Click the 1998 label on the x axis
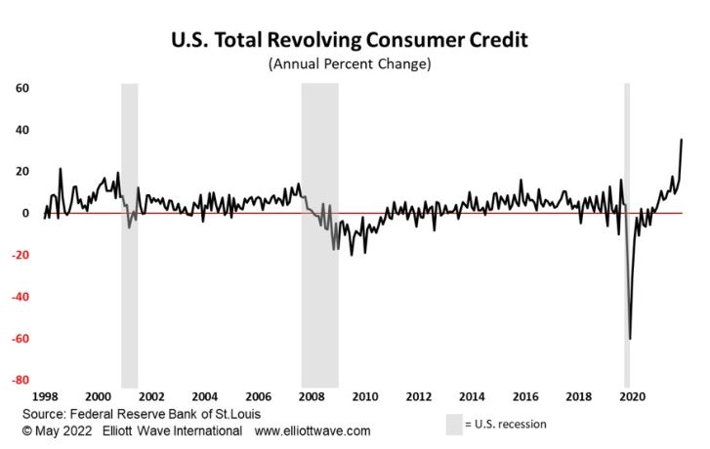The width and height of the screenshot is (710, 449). [x=44, y=397]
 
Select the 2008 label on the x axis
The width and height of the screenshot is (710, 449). [x=311, y=397]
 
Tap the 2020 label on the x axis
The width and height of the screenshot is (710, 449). [x=632, y=397]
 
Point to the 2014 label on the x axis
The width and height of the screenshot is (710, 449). [x=472, y=397]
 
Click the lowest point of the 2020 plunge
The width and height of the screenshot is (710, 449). [x=630, y=338]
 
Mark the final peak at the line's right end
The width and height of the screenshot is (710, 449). [x=681, y=140]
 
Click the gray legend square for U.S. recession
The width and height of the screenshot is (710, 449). [x=454, y=425]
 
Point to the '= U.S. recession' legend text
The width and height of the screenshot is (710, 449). [x=506, y=425]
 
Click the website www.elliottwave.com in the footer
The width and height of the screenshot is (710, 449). [x=313, y=430]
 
